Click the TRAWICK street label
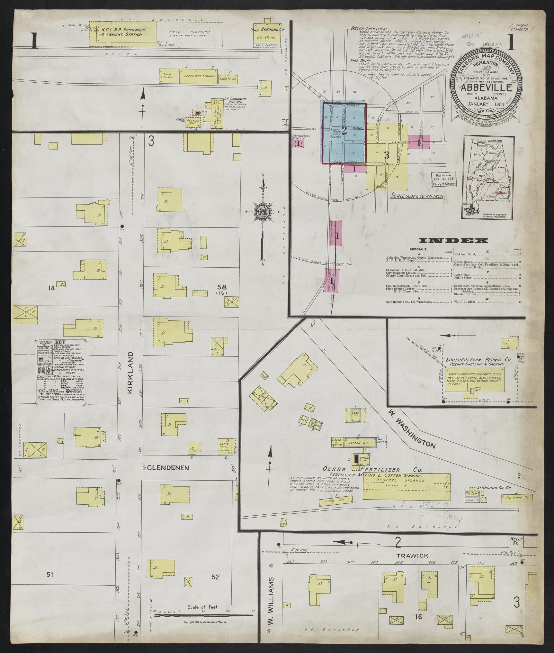click(x=408, y=555)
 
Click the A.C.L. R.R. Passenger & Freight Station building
click(x=123, y=32)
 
